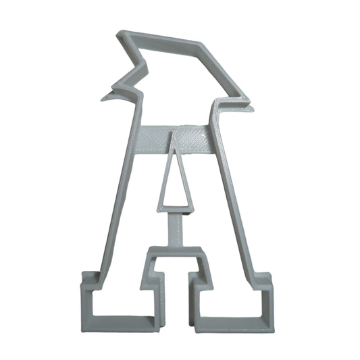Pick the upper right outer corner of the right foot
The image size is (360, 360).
tap(269, 276)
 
